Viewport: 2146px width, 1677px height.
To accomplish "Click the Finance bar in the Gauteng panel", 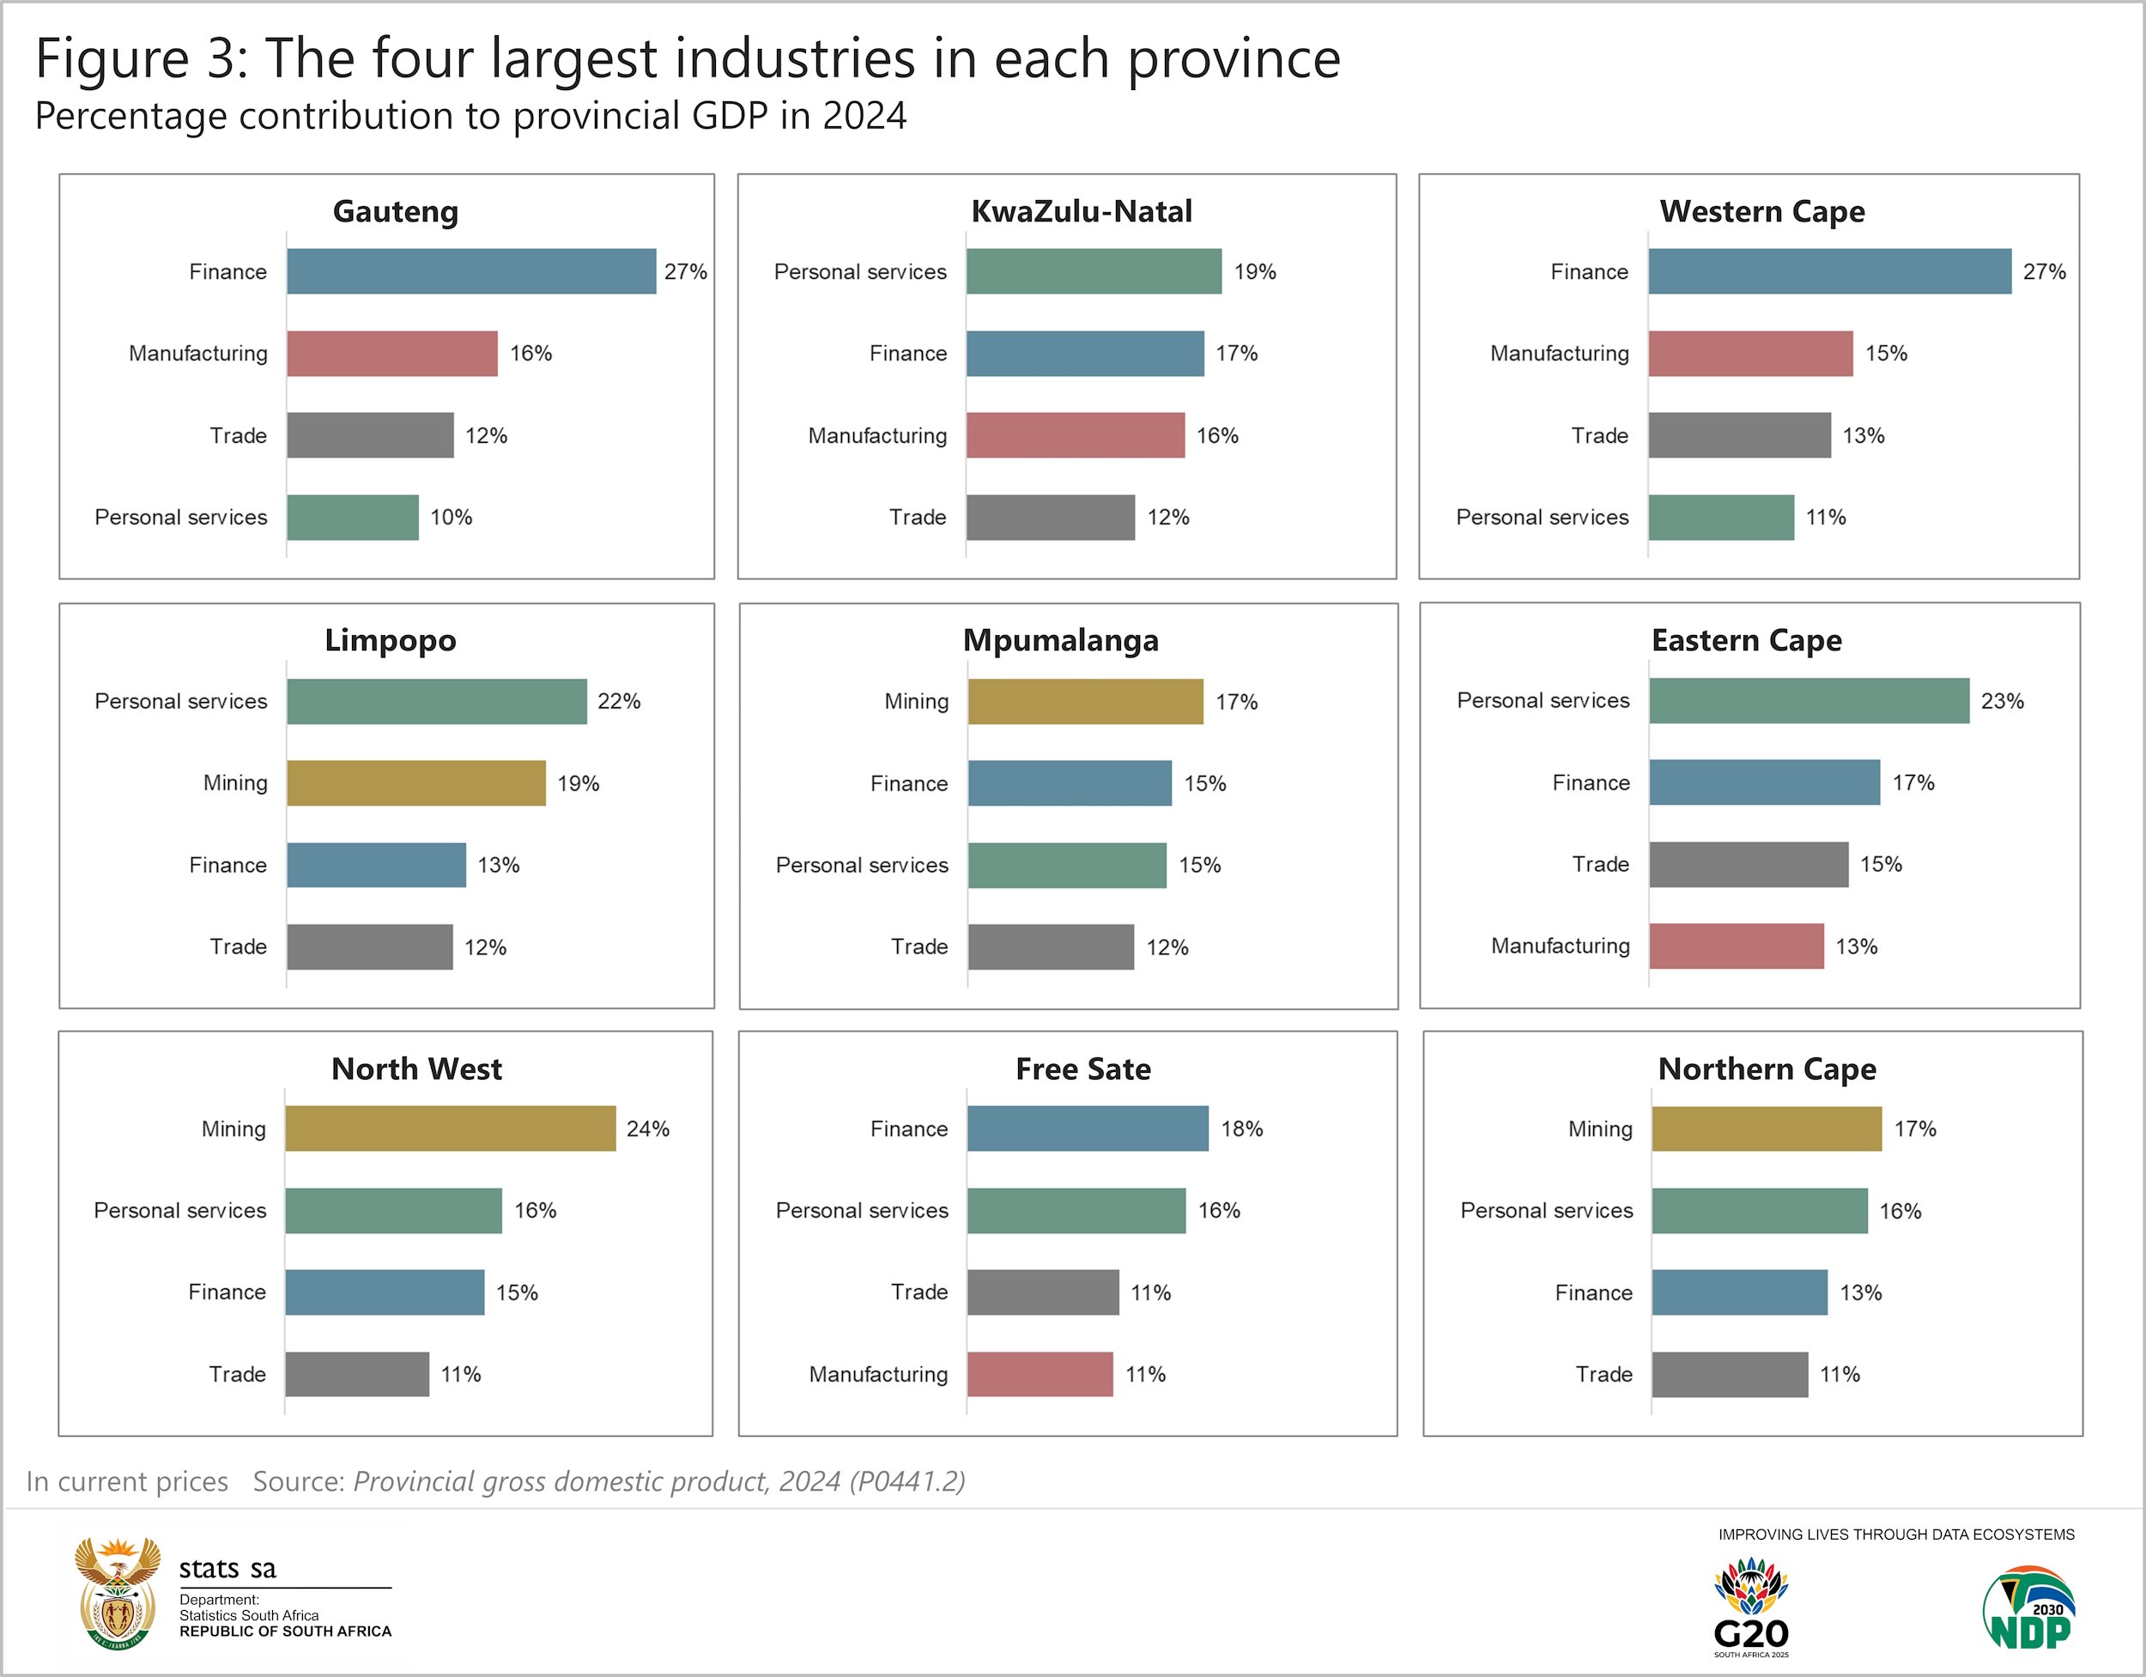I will click(470, 271).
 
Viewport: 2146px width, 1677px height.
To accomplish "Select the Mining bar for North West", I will click(450, 1128).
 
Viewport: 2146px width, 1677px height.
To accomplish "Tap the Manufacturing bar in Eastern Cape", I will click(1737, 946).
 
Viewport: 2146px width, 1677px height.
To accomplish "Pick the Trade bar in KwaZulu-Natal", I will click(1050, 517).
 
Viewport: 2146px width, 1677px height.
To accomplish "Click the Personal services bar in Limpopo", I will click(436, 701).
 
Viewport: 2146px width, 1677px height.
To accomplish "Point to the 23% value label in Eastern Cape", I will click(2002, 701).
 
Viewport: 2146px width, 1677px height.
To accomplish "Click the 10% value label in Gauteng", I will click(451, 517).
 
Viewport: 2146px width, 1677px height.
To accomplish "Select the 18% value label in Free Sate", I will click(1241, 1129).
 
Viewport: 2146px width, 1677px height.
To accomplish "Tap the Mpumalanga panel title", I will click(1060, 640).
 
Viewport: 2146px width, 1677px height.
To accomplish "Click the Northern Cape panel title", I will click(1767, 1069).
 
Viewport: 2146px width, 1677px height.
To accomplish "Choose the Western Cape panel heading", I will click(1761, 211).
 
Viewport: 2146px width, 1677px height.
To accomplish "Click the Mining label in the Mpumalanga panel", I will click(916, 701).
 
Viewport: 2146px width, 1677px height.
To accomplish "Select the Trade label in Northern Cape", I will click(1603, 1374).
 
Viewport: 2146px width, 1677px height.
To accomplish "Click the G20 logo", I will click(1751, 1607).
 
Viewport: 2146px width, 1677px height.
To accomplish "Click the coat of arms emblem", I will click(118, 1594).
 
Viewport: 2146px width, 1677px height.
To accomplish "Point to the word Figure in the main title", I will click(111, 59).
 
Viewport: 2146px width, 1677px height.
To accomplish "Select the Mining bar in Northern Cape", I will click(1766, 1129).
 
